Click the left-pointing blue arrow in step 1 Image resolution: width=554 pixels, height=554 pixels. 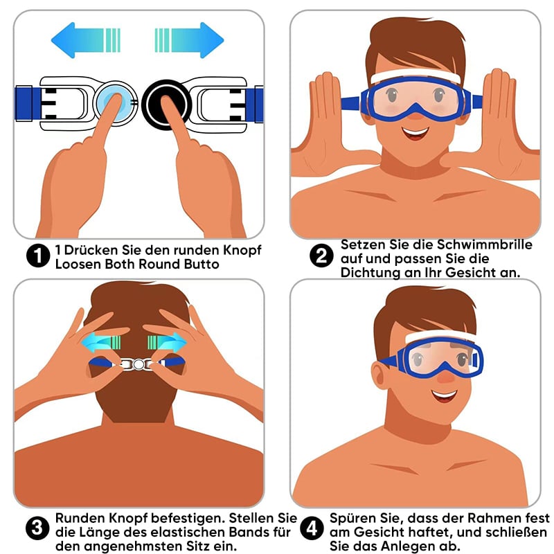point(85,40)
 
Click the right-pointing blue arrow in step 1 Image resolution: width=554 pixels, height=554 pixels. point(189,40)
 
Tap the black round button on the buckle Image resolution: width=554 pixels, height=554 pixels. point(166,104)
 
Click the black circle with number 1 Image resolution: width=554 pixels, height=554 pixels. point(38,256)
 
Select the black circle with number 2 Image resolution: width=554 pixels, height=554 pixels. point(321,256)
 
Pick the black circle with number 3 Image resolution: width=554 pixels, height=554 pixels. point(37,528)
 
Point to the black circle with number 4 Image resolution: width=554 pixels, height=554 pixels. point(312,528)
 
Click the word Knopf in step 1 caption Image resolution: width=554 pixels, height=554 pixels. point(242,251)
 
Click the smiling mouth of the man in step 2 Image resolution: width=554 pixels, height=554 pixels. point(415,133)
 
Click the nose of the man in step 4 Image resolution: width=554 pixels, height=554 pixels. point(446,377)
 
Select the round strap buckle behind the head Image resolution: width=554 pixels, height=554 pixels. point(138,364)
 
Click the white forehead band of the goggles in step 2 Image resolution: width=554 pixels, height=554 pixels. point(415,76)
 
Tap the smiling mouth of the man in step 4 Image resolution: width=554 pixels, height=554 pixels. point(444,395)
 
